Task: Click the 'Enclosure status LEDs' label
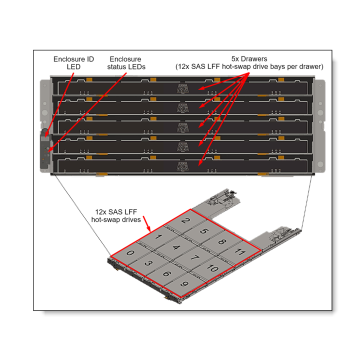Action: [125, 65]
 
